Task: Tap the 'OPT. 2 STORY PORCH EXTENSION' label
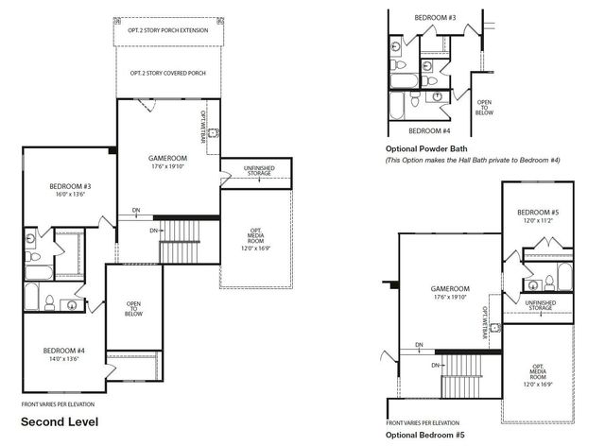pyautogui.click(x=167, y=29)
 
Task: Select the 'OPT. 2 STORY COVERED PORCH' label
pyautogui.click(x=167, y=73)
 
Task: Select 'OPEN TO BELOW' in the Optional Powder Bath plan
pyautogui.click(x=484, y=107)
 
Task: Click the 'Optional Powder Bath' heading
pyautogui.click(x=428, y=149)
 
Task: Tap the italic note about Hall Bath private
pyautogui.click(x=473, y=161)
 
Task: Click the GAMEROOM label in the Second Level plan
pyautogui.click(x=167, y=158)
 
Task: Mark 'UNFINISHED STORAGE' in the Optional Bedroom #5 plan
pyautogui.click(x=541, y=305)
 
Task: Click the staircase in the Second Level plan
pyautogui.click(x=175, y=241)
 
